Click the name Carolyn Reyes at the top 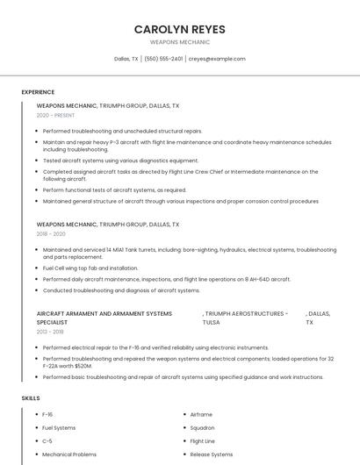click(x=179, y=29)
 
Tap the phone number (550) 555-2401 click(x=163, y=59)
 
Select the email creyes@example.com click(x=217, y=59)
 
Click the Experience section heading click(x=38, y=92)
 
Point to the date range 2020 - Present click(x=55, y=115)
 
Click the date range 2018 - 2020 click(x=51, y=234)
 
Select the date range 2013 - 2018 click(x=50, y=332)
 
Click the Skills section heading click(x=31, y=398)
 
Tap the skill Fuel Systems click(x=59, y=427)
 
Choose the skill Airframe click(x=201, y=414)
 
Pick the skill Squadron click(x=202, y=427)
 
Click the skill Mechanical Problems click(x=69, y=454)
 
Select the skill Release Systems click(x=212, y=454)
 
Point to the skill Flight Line click(x=202, y=441)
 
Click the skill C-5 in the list click(x=47, y=441)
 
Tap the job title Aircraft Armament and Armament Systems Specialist click(x=104, y=318)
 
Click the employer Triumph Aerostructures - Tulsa click(x=244, y=318)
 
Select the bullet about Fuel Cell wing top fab click(x=90, y=268)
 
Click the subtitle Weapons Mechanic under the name click(x=179, y=41)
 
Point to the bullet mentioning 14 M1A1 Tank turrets click(x=189, y=254)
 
